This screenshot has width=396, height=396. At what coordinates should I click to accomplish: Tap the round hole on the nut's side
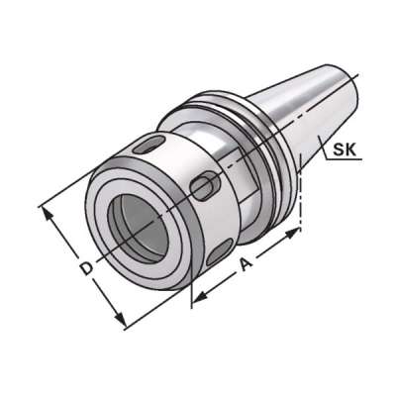(x=206, y=184)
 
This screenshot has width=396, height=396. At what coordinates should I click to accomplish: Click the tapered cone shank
(x=297, y=114)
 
